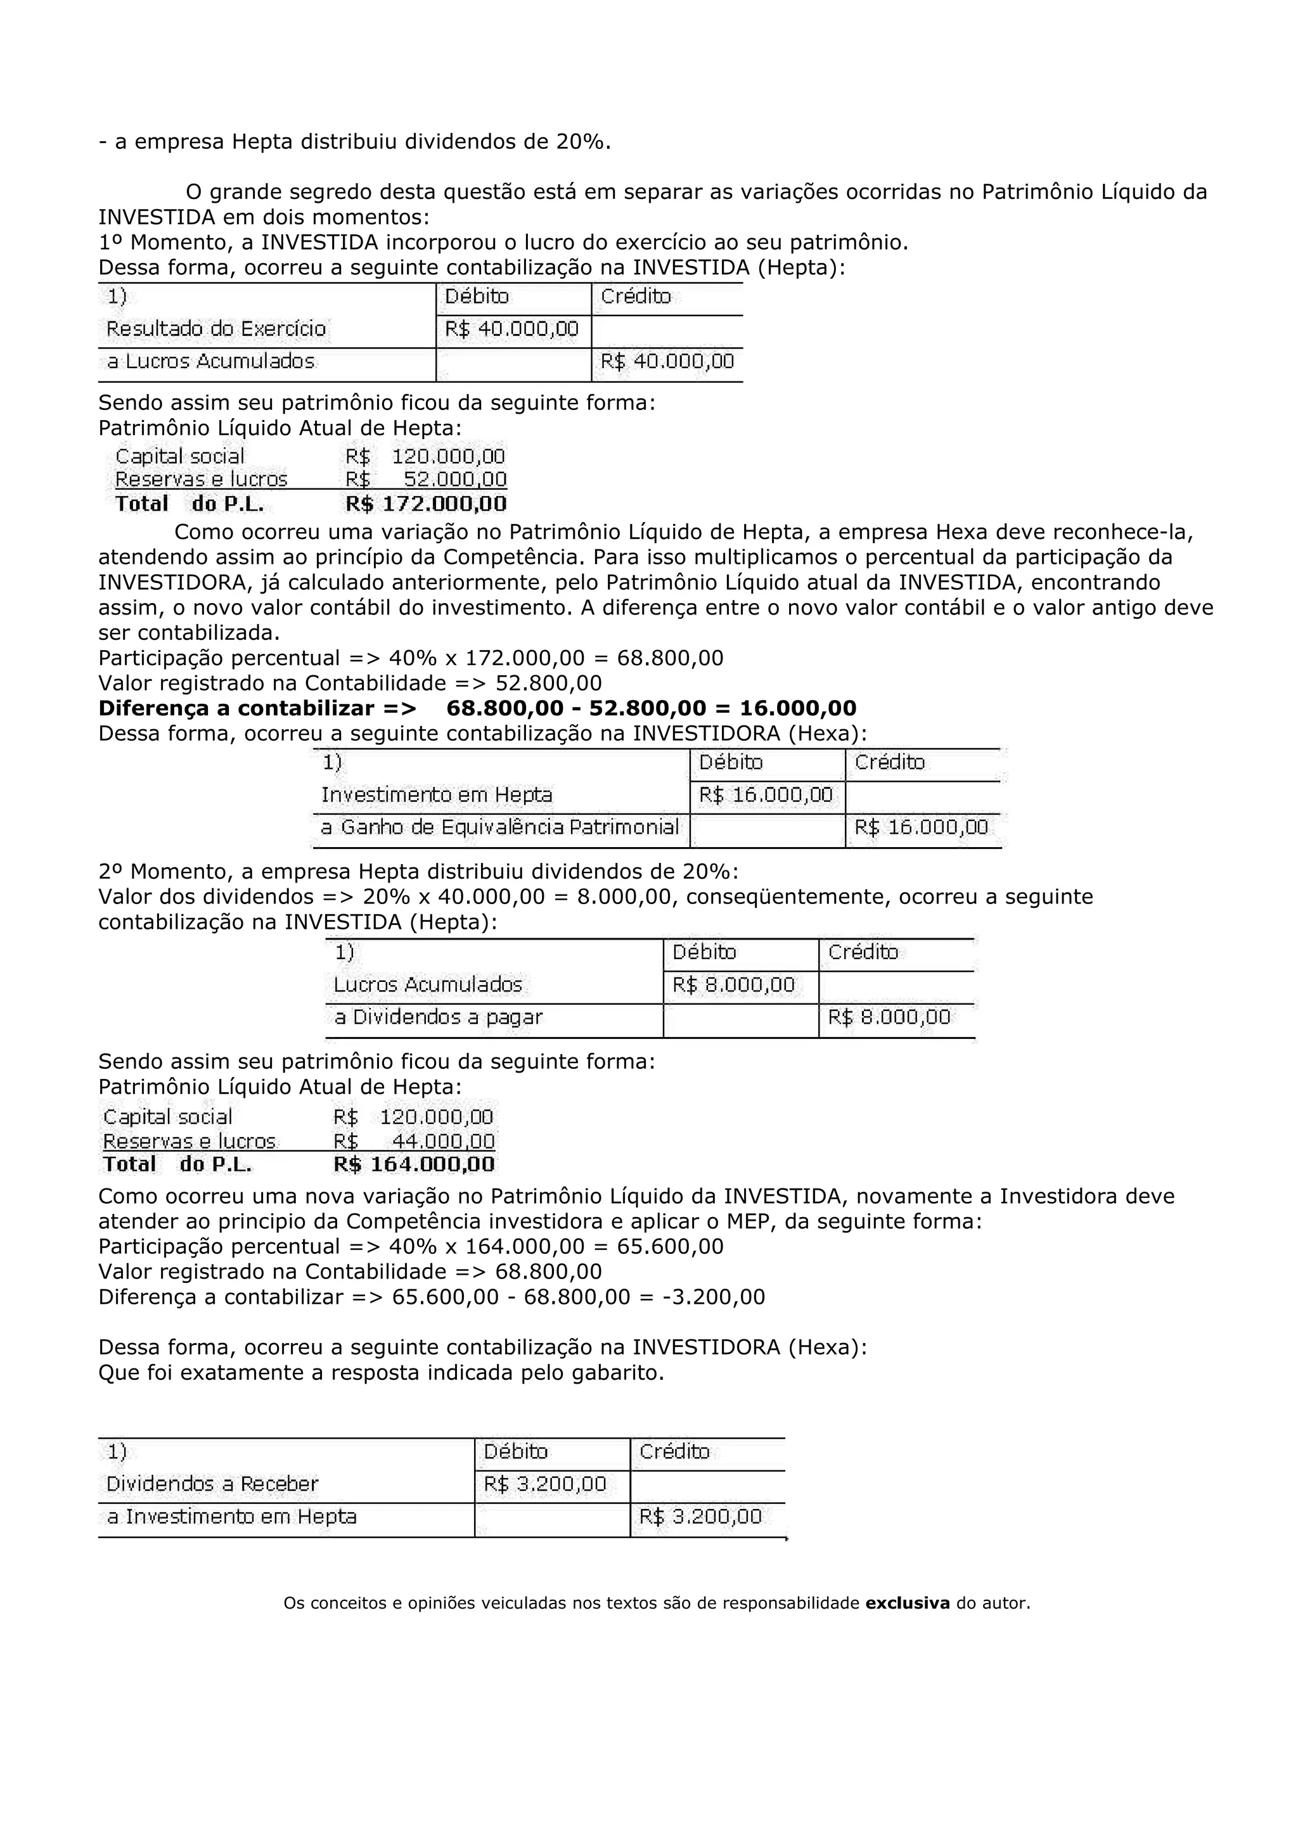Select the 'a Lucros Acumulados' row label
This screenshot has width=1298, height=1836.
[211, 362]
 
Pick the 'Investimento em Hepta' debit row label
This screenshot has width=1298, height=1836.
[437, 795]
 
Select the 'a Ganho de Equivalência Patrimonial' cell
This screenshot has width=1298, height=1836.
[500, 827]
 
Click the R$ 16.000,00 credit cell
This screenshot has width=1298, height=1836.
[922, 827]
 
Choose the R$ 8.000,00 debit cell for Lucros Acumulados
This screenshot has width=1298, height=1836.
[733, 985]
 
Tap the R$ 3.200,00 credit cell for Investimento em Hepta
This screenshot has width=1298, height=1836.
[700, 1517]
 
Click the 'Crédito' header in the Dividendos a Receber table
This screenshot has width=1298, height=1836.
[674, 1451]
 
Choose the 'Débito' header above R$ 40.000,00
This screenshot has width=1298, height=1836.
[477, 296]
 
